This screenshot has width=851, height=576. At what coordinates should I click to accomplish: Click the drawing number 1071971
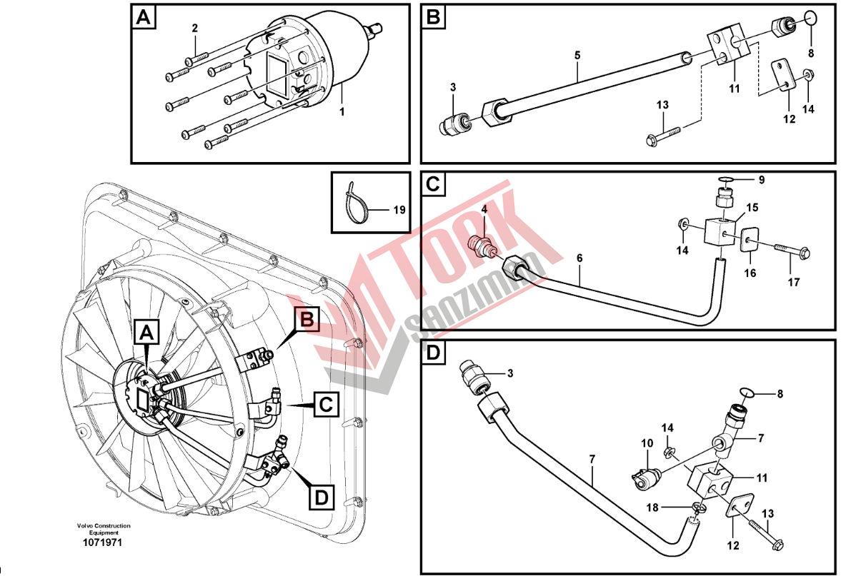click(102, 543)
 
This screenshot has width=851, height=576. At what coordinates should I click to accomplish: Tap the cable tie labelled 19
click(356, 205)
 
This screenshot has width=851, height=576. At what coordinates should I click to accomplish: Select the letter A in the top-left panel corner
click(144, 17)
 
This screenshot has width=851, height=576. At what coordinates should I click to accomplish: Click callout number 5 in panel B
click(577, 55)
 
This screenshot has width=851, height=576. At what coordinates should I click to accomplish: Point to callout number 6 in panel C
click(579, 258)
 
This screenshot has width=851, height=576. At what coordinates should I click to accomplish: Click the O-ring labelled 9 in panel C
click(726, 180)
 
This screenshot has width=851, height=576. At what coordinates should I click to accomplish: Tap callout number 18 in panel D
click(652, 507)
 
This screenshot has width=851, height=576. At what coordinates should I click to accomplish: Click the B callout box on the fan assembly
click(307, 320)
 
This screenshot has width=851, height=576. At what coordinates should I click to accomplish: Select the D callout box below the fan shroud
click(322, 497)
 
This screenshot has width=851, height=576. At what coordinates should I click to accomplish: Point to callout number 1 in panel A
click(342, 112)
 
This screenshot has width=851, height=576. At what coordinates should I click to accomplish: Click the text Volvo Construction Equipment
click(104, 529)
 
